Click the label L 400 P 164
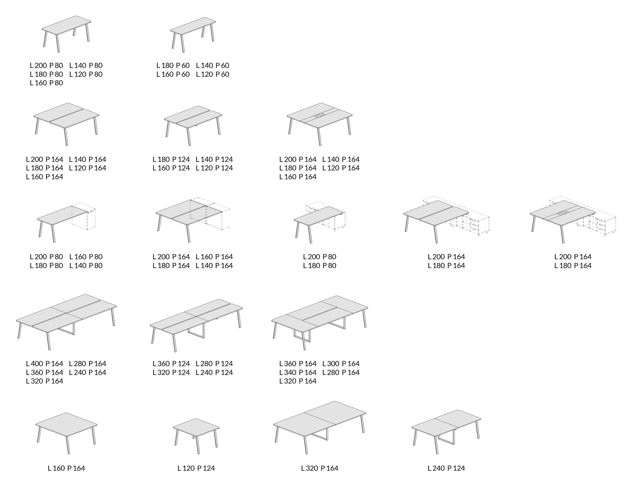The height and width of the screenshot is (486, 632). pos(45,364)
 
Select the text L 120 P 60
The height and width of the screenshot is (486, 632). pos(213,74)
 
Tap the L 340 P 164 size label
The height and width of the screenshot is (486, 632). pos(298,372)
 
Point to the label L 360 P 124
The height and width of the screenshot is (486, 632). pos(171,364)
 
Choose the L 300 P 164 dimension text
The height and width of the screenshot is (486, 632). pos(341,364)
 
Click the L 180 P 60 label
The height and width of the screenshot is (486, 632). pos(173,66)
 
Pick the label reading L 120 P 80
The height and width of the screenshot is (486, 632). pos(86,74)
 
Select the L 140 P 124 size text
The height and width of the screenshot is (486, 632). pos(214,159)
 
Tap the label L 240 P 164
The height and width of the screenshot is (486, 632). pos(88,372)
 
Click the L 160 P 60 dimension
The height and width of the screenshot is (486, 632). pos(173,74)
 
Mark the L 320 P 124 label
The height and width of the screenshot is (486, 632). pos(171,372)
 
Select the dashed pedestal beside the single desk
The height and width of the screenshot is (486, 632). pos(84,216)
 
